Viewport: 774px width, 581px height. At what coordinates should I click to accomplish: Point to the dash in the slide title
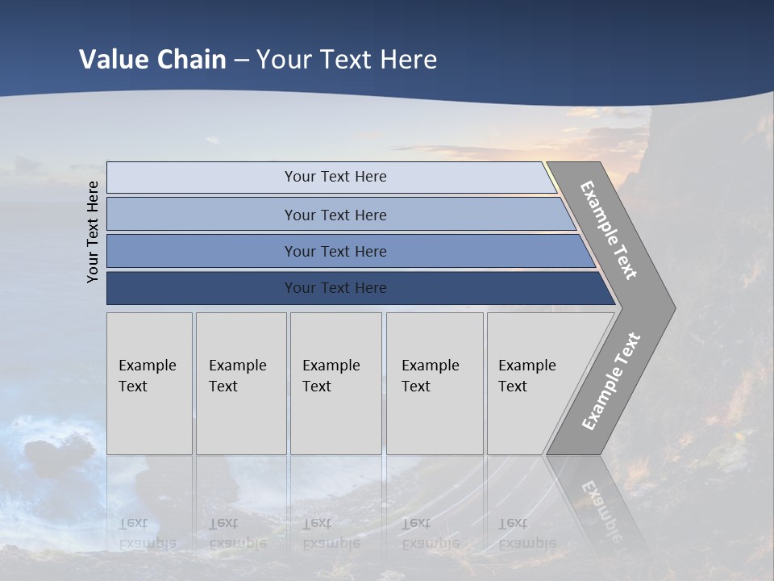(241, 61)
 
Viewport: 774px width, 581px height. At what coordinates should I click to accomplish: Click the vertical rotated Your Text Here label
(93, 232)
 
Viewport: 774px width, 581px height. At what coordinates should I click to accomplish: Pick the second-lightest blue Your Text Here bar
(335, 215)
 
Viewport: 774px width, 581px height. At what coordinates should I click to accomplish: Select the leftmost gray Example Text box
(149, 383)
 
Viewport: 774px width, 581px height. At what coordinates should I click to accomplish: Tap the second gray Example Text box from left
(241, 383)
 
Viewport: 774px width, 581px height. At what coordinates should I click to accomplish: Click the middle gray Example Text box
(335, 383)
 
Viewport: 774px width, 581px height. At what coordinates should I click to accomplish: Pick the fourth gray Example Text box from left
(435, 383)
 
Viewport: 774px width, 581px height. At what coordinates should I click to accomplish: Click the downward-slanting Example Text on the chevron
(609, 230)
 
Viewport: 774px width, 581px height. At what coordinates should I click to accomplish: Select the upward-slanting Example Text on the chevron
(611, 381)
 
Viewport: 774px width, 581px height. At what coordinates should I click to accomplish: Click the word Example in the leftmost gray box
(147, 366)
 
